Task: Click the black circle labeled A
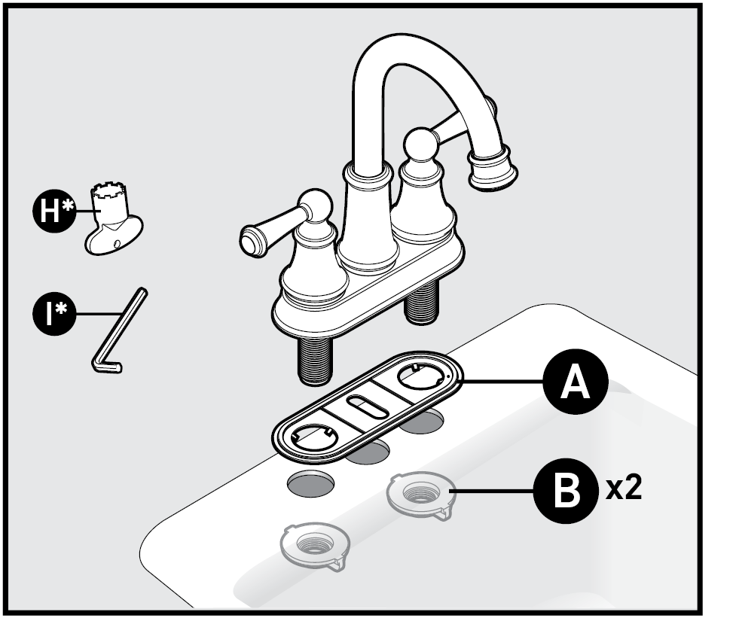click(576, 382)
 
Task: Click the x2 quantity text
click(624, 489)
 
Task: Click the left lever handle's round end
click(253, 240)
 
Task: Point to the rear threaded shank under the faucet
click(421, 301)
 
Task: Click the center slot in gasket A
click(368, 406)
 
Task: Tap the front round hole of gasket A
click(313, 436)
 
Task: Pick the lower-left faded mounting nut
click(315, 546)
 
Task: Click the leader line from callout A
click(502, 382)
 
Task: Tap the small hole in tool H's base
click(117, 243)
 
